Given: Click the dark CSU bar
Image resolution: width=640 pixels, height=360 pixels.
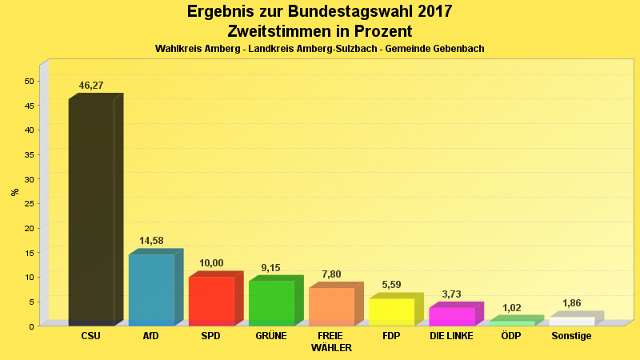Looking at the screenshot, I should (x=91, y=212).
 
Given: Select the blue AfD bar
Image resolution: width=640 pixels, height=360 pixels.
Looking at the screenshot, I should (x=151, y=290).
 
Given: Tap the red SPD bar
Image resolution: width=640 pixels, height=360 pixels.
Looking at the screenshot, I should (x=211, y=301).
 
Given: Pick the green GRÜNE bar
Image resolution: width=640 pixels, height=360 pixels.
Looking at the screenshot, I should (x=271, y=303).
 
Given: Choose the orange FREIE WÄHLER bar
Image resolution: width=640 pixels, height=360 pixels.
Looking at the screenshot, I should (x=331, y=306).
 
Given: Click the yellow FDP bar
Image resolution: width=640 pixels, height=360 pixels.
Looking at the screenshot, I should (x=391, y=312).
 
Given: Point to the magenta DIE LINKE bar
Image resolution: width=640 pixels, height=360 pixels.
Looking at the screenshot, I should (x=451, y=316).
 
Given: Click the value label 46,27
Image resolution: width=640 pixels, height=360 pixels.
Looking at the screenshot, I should (x=91, y=86).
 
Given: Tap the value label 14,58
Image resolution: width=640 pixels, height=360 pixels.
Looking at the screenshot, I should (x=151, y=241).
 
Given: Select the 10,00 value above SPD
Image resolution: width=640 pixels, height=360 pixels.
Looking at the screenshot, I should (x=211, y=263).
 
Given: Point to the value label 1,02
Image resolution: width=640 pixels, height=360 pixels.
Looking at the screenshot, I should (x=511, y=307).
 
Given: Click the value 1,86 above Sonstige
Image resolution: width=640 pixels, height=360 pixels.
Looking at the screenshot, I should (x=571, y=303).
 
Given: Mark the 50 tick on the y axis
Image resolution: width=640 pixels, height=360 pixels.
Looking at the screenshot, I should (x=29, y=81).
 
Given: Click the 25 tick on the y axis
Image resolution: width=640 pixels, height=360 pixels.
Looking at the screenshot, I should (x=29, y=203).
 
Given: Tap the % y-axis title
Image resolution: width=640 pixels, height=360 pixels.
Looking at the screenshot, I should (x=14, y=192).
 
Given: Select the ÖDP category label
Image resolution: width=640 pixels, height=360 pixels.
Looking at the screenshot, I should (x=511, y=336).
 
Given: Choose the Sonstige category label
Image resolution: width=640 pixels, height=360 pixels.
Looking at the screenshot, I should (x=571, y=336).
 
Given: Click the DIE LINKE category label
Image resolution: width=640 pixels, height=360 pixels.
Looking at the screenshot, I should (x=451, y=336).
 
